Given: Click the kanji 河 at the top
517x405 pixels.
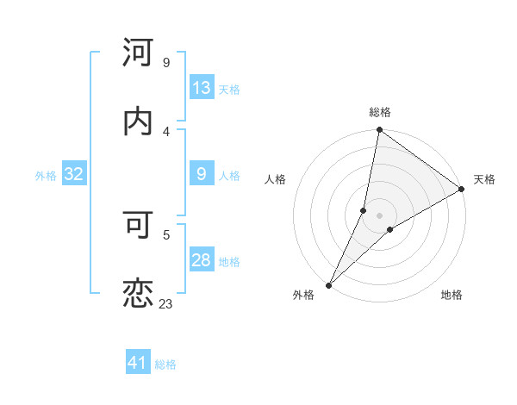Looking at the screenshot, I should click(139, 53).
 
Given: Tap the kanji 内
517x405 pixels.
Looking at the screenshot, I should click(139, 121).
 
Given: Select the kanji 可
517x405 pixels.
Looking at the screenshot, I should click(139, 225).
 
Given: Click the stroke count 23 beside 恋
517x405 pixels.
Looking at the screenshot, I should click(165, 303).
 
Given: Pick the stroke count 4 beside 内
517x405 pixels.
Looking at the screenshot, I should click(165, 131).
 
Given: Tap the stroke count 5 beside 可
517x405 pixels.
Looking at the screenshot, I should click(165, 234).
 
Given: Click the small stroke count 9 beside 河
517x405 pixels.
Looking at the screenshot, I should click(165, 62).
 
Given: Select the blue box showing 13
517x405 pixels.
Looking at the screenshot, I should click(202, 88).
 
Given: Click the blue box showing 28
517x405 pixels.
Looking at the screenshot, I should click(202, 260).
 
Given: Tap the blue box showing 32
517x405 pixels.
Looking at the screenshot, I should click(74, 174).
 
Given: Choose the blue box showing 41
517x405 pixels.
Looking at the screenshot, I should click(138, 364).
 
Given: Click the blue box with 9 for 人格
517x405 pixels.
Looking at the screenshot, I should click(202, 174).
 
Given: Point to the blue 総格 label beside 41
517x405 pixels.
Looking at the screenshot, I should click(165, 364).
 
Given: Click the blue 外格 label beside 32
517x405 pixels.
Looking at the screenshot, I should click(46, 175).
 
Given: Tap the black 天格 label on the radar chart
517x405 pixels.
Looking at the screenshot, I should click(484, 179).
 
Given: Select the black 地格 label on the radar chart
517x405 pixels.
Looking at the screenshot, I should click(452, 295).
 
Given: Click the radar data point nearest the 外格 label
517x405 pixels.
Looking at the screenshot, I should click(329, 284).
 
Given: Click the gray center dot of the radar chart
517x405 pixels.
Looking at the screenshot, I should click(380, 215).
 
